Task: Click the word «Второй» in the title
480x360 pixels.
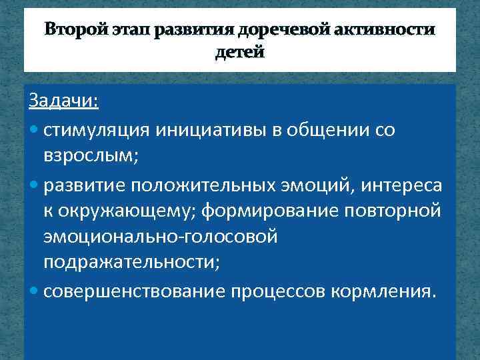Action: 71,31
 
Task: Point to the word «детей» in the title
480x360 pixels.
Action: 239,53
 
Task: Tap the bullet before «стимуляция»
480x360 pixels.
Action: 34,129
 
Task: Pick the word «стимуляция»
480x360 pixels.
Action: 97,129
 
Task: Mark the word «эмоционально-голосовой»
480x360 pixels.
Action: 160,237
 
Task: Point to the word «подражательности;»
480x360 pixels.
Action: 131,264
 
